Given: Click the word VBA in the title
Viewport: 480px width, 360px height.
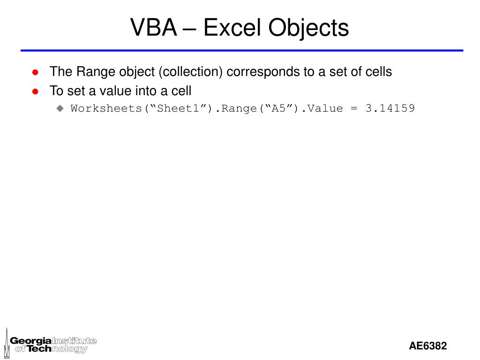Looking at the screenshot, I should tap(153, 28).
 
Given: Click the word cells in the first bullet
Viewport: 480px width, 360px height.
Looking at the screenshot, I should tap(379, 72).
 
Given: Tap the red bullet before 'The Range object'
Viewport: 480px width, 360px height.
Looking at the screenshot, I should tap(35, 72).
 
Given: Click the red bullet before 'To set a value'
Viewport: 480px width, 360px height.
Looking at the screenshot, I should tap(35, 91).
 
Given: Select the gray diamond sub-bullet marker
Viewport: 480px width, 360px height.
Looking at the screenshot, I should tap(60, 108).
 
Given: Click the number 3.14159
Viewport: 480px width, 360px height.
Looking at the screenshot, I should tap(390, 108).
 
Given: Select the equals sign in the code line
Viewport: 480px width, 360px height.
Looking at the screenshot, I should tap(354, 108).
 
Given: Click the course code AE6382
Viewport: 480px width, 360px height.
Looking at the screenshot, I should tap(427, 346).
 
